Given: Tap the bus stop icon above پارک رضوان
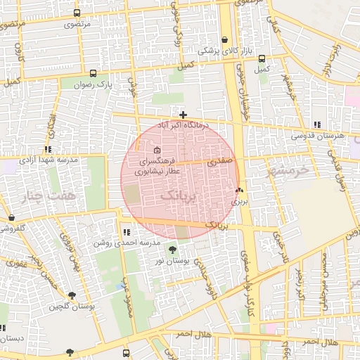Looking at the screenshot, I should pyautogui.click(x=94, y=72).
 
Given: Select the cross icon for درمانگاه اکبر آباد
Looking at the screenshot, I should pyautogui.click(x=183, y=115).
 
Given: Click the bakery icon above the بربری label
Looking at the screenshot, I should pyautogui.click(x=239, y=191).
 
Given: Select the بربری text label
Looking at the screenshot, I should pyautogui.click(x=240, y=201).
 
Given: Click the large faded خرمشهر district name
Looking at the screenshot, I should pyautogui.click(x=289, y=169).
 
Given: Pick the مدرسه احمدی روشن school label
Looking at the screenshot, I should pyautogui.click(x=125, y=243).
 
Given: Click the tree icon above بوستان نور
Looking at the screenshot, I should pyautogui.click(x=172, y=250).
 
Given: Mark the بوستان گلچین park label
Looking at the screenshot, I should pyautogui.click(x=72, y=307).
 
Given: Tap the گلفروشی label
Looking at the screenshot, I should pyautogui.click(x=12, y=229).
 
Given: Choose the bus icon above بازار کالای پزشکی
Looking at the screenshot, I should pyautogui.click(x=224, y=39).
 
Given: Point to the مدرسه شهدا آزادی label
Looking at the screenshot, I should pyautogui.click(x=49, y=160).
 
